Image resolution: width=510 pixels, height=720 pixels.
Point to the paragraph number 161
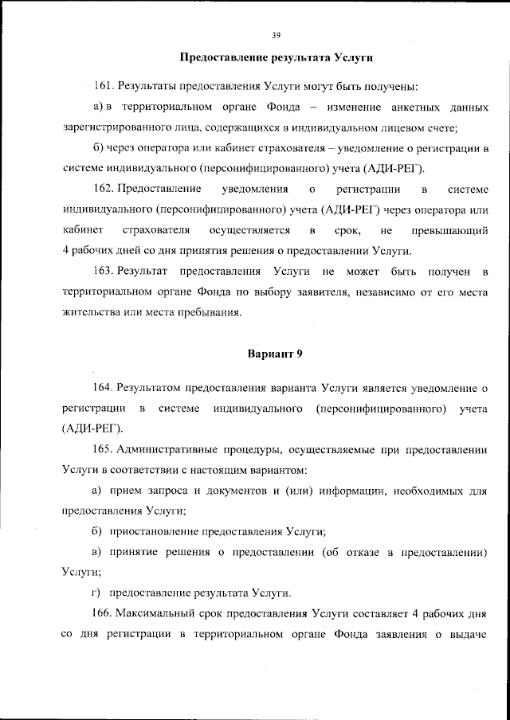coord(104,85)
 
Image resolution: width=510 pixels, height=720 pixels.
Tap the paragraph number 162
coord(104,189)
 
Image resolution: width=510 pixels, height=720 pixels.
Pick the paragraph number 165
coord(104,450)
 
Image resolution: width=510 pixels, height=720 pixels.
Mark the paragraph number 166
coord(104,614)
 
